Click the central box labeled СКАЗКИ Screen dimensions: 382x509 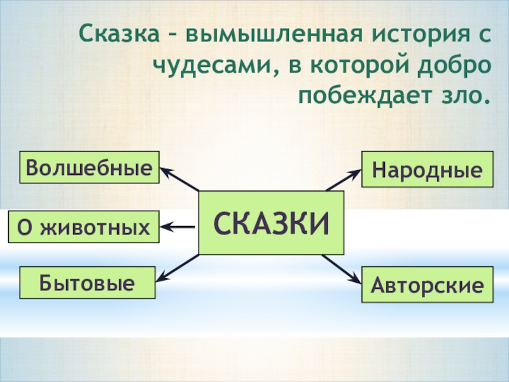click(x=272, y=223)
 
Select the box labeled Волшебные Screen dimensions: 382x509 click(x=89, y=167)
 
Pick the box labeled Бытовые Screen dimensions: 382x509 click(x=88, y=283)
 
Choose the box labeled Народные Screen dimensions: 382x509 click(x=427, y=169)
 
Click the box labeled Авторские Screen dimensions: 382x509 click(x=427, y=285)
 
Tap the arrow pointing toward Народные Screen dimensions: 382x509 click(x=344, y=180)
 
